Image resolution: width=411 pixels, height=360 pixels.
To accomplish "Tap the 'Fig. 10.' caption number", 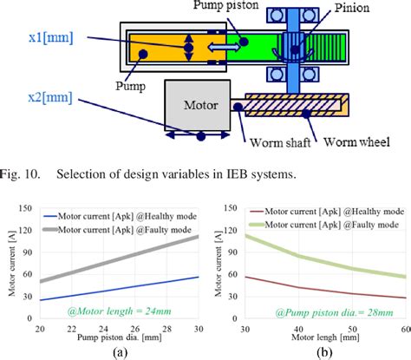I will point(24,173).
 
